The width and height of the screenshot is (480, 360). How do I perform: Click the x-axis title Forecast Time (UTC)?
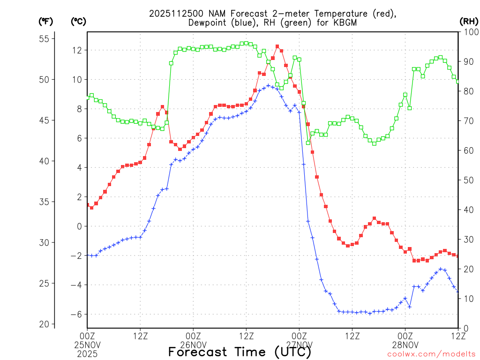coord(240,352)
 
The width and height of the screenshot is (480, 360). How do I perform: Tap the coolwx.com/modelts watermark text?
coord(432,354)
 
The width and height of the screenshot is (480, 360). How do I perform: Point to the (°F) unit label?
coord(46,21)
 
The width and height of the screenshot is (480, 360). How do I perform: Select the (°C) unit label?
coord(78,21)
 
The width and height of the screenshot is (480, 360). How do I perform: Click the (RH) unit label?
coord(468,21)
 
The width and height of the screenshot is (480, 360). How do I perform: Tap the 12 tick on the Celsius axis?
coord(76,50)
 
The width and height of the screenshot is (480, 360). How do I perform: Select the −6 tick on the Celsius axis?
coord(75,314)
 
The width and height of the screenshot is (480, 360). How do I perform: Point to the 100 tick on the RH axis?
coord(469,32)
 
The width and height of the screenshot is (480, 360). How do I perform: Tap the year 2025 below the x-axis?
coord(87,353)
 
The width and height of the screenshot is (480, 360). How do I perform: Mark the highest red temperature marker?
coord(277,46)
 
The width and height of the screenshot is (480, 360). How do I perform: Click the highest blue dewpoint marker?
coord(268,86)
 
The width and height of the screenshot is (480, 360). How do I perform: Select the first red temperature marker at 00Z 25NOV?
coord(87,205)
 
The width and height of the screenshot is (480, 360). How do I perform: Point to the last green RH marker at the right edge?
coord(458,82)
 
